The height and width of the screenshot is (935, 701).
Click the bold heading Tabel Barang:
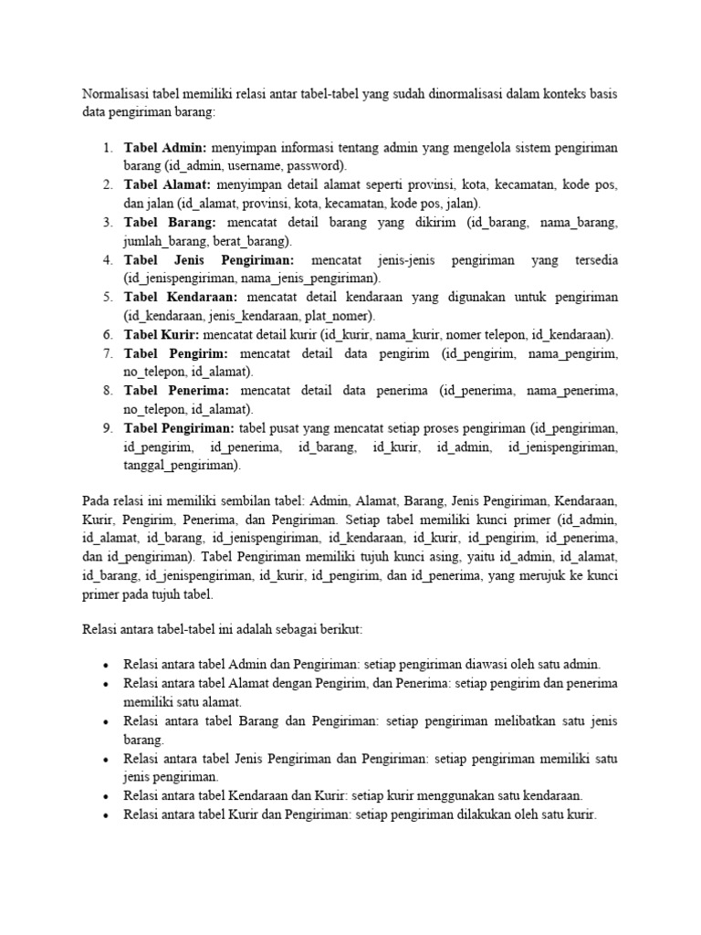click(x=170, y=222)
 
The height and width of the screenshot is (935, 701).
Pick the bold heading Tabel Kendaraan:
click(x=181, y=297)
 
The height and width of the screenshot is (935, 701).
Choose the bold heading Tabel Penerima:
click(x=177, y=390)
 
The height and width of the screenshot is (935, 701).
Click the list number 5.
click(x=107, y=297)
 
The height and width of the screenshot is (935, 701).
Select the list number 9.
click(x=107, y=427)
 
